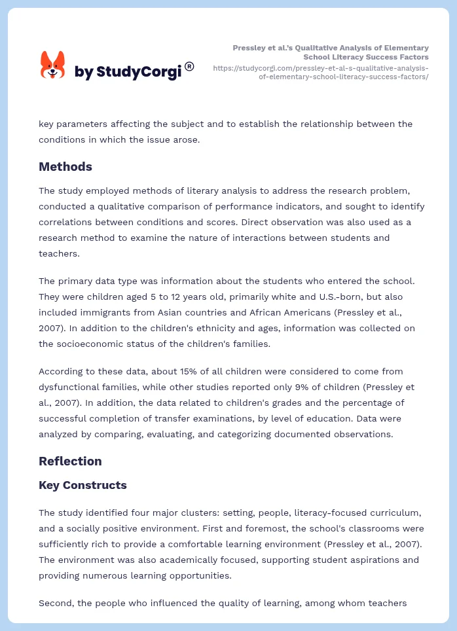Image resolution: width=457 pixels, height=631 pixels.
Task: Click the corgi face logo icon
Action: pyautogui.click(x=53, y=64)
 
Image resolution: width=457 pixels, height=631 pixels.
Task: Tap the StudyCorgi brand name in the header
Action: pyautogui.click(x=128, y=71)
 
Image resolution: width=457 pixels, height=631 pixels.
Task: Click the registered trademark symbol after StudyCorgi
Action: pyautogui.click(x=189, y=66)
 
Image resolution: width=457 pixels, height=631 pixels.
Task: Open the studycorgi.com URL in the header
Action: pyautogui.click(x=321, y=72)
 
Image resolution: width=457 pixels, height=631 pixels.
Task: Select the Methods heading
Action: pyautogui.click(x=65, y=166)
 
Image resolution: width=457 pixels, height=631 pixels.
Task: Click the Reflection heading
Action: pyautogui.click(x=70, y=461)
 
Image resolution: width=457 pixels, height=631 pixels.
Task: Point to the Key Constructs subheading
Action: pyautogui.click(x=82, y=485)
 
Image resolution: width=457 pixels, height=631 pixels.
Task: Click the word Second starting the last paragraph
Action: pyautogui.click(x=56, y=603)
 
